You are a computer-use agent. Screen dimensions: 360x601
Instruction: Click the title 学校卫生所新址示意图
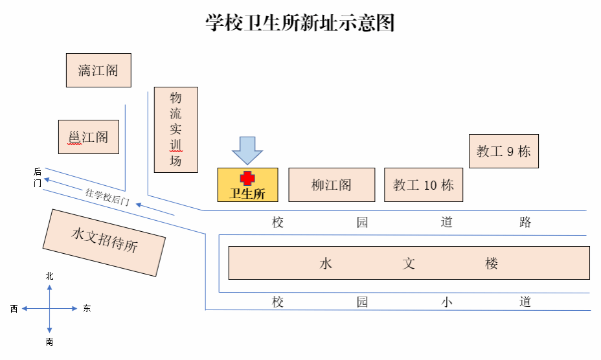(300, 24)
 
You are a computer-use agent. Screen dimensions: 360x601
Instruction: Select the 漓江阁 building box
(98, 70)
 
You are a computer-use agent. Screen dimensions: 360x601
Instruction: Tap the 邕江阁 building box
(89, 137)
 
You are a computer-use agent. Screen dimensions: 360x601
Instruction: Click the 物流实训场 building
(176, 129)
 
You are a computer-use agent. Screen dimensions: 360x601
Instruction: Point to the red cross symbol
(247, 178)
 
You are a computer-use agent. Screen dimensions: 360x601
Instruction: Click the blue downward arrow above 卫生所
(247, 150)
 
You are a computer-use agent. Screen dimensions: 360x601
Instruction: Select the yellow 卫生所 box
(247, 185)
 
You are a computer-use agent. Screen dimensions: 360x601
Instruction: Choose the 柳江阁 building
(332, 185)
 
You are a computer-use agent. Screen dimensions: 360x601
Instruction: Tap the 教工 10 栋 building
(424, 185)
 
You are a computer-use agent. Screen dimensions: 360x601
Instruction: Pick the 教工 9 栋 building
(504, 152)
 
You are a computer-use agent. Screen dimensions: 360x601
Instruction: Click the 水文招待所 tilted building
(104, 242)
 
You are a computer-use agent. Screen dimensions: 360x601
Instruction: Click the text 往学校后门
(108, 196)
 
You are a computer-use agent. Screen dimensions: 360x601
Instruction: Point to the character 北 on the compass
(50, 276)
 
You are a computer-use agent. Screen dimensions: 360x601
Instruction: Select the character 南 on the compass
(50, 342)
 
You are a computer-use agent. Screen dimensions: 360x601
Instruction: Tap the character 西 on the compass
(14, 309)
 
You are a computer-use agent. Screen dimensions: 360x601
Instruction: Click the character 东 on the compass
(87, 309)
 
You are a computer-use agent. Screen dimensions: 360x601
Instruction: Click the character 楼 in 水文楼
(492, 264)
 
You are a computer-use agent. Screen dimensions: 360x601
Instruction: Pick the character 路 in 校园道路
(525, 223)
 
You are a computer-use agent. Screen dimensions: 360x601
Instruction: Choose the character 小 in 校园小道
(447, 302)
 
